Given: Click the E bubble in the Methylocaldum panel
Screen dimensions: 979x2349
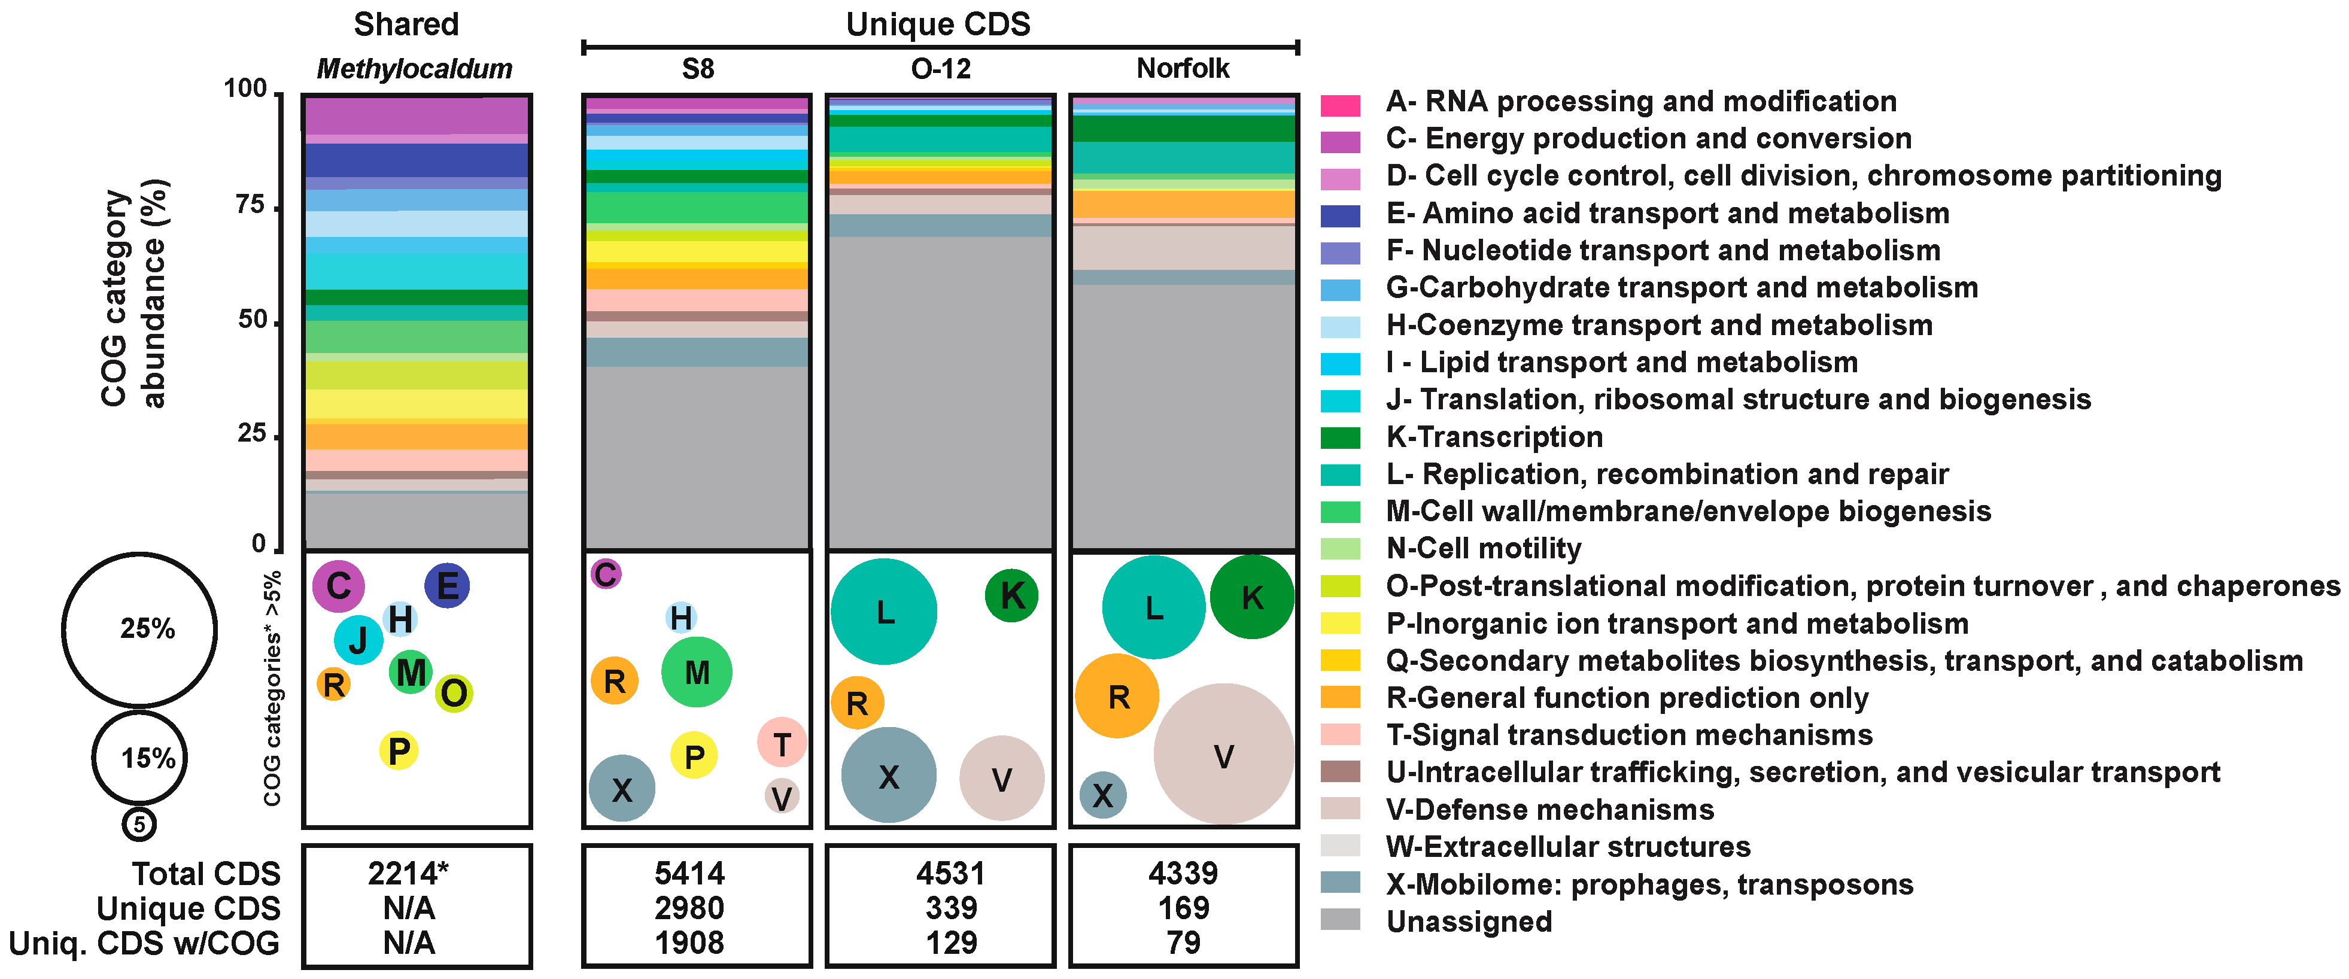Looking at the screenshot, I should click(447, 585).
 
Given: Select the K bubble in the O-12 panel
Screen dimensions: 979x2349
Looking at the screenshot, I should click(1011, 595).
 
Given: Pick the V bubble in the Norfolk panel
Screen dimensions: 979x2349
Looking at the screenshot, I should click(1224, 754).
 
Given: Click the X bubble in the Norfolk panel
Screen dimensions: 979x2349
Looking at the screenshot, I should click(1102, 795).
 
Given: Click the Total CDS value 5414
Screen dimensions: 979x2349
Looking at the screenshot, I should click(689, 873).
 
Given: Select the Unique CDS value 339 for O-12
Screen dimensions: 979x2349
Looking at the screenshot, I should click(951, 908).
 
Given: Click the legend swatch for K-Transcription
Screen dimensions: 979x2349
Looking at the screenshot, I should click(1339, 437).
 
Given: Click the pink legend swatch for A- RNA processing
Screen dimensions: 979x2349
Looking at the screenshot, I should click(1339, 105).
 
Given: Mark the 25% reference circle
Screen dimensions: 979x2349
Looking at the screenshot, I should click(139, 629).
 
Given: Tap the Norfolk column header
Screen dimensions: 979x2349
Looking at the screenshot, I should click(1183, 68).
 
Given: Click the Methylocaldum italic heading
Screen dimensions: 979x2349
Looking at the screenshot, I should click(414, 68).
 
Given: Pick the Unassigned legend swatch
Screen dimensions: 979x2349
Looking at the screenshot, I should click(1339, 921).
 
